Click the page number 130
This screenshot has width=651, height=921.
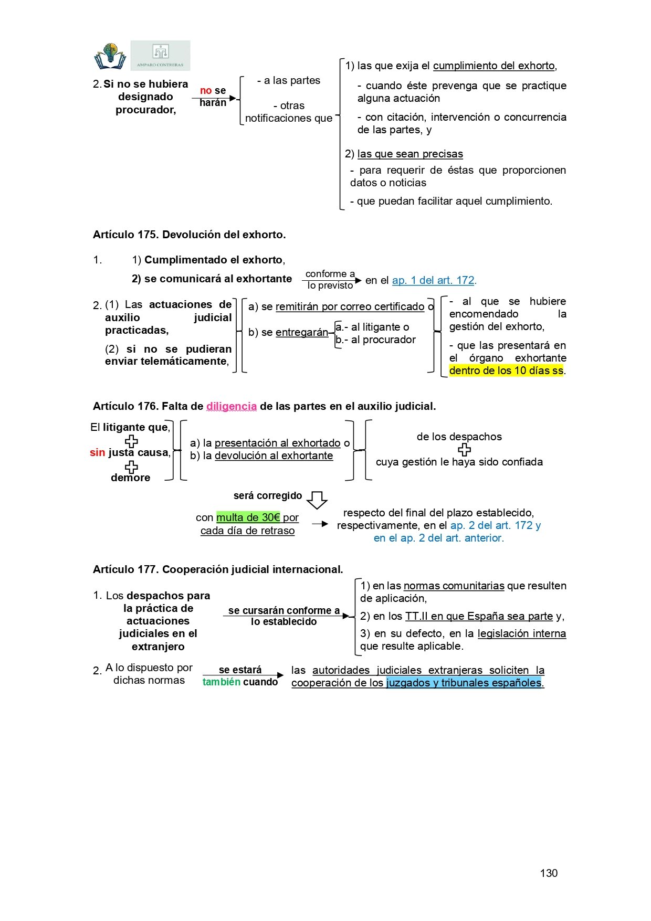(x=549, y=873)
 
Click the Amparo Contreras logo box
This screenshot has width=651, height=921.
(x=160, y=55)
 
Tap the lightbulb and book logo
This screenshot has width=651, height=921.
(x=110, y=56)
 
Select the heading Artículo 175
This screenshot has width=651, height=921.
(x=189, y=235)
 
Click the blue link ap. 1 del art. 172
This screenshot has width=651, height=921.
(x=433, y=280)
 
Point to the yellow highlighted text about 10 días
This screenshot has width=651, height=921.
(x=506, y=370)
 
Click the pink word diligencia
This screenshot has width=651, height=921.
(x=232, y=406)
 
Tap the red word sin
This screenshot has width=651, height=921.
(x=97, y=452)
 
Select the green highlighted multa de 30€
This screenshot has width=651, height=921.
(x=248, y=517)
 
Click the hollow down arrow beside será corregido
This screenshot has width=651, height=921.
(x=317, y=500)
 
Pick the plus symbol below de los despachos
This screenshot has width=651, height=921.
(x=464, y=450)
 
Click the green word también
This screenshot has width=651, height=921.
(x=222, y=682)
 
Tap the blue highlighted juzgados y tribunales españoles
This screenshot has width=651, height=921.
(x=464, y=683)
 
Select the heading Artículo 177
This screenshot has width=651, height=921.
(x=218, y=569)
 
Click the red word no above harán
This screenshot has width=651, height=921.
(x=206, y=90)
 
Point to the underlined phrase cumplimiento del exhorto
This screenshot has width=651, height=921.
(x=493, y=66)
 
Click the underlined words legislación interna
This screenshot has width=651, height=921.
(x=521, y=633)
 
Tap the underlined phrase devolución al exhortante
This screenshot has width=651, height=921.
(x=274, y=456)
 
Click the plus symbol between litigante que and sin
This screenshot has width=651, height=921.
(x=131, y=441)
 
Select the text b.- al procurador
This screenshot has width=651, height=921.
(x=375, y=340)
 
